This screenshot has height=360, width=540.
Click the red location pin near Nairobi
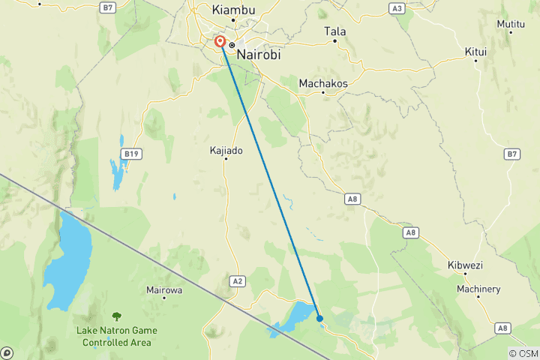click(220, 42)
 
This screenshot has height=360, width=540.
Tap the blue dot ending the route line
click(320, 319)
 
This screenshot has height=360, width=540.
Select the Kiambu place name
click(234, 10)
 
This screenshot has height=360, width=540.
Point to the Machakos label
click(323, 83)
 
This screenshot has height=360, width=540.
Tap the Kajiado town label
click(226, 151)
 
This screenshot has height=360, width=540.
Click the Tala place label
click(334, 31)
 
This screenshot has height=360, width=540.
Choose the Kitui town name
click(476, 52)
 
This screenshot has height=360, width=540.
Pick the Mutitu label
click(511, 24)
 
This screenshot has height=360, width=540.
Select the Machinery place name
click(478, 289)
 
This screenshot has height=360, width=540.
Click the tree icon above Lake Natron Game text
click(116, 316)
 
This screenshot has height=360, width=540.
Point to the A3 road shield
click(397, 8)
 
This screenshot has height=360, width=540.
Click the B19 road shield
click(133, 154)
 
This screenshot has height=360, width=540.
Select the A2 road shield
click(238, 281)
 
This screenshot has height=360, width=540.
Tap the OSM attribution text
click(523, 353)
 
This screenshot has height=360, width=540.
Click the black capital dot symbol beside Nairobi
click(232, 46)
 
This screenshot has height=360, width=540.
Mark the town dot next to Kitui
click(476, 61)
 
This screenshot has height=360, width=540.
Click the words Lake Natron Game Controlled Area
click(116, 336)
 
